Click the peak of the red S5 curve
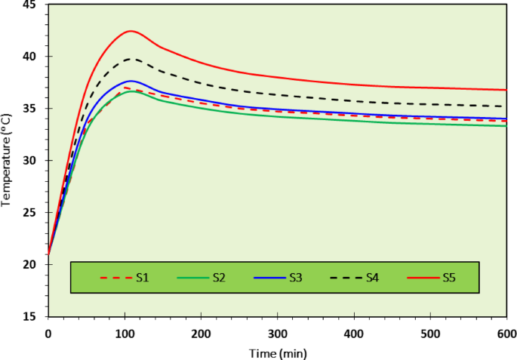click(131, 31)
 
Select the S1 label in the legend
click(142, 278)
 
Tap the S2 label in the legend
click(219, 278)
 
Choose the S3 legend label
click(296, 278)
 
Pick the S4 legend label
click(372, 278)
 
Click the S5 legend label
click(449, 278)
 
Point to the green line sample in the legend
click(192, 278)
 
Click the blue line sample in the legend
click(269, 278)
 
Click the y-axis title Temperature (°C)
click(7, 159)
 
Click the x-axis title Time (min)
click(277, 352)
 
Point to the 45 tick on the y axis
click(32, 5)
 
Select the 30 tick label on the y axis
click(32, 161)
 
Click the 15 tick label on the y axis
click(32, 316)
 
